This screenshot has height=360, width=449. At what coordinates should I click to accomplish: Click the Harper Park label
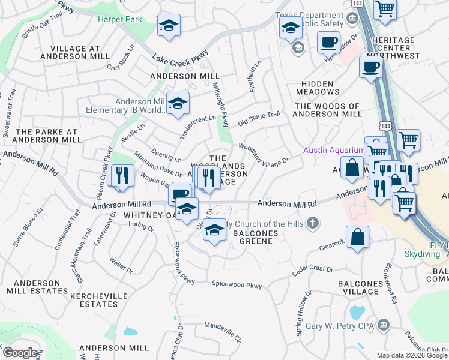tap(121, 19)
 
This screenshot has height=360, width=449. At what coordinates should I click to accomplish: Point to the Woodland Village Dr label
tap(264, 153)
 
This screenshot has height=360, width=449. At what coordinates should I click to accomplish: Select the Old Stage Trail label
tap(259, 118)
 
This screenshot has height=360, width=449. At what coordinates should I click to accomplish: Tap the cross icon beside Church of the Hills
tap(312, 224)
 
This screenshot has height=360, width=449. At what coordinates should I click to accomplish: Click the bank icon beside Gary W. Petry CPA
tap(382, 325)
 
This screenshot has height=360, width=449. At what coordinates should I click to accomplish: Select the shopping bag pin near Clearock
tap(358, 236)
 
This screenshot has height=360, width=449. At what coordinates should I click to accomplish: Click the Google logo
tap(19, 353)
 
